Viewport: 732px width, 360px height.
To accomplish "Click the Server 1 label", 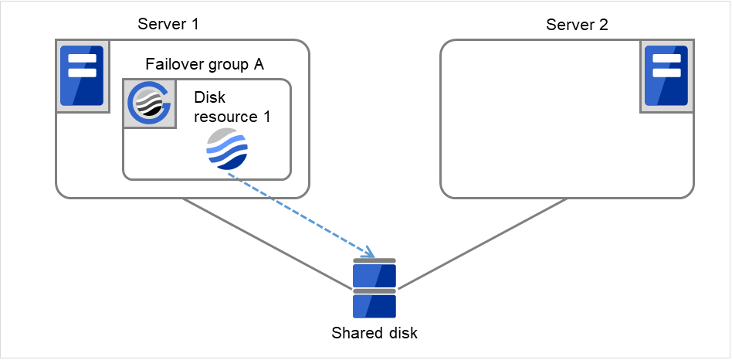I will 168,24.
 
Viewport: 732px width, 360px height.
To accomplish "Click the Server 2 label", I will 577,24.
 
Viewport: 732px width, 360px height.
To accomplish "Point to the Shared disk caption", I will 374,334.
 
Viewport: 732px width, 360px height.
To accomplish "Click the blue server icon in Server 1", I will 81,75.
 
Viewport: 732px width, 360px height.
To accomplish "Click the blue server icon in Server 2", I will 666,75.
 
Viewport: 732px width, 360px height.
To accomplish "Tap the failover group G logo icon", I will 148,104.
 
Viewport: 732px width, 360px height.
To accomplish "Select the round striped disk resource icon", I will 227,150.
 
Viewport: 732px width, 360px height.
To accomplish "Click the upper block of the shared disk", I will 374,276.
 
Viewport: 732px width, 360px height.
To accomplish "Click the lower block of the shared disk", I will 374,306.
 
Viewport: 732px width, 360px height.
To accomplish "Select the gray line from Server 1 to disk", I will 266,244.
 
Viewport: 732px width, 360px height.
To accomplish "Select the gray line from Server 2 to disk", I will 483,244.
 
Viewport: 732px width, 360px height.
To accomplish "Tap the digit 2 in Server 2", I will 604,24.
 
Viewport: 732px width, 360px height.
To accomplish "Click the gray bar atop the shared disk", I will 374,261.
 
